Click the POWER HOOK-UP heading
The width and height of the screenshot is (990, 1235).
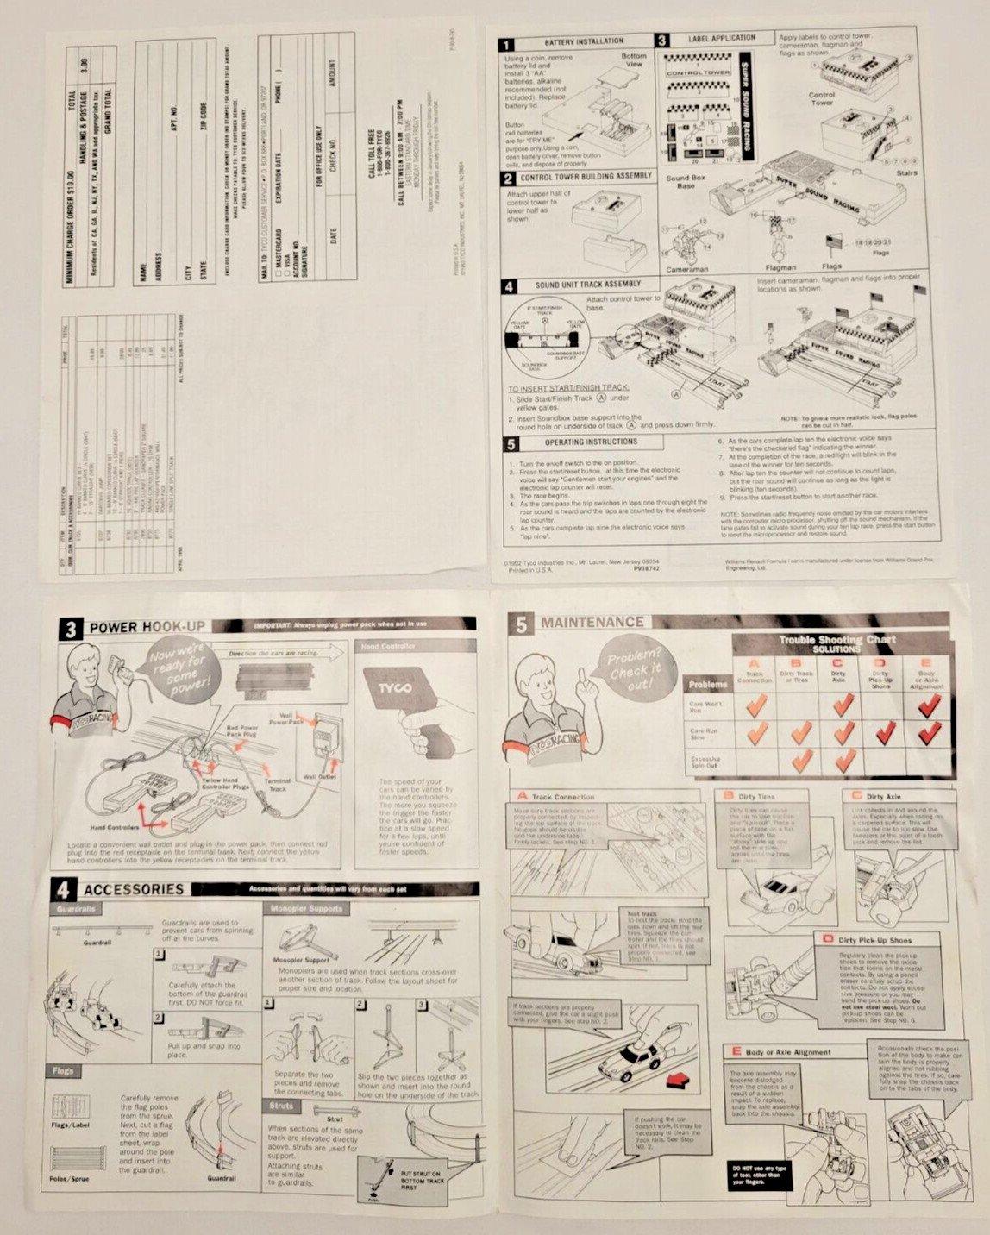coord(147,627)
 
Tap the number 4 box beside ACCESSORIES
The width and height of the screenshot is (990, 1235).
coord(62,889)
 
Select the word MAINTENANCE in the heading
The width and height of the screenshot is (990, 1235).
coord(592,622)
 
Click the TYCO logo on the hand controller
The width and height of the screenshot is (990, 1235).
coord(395,687)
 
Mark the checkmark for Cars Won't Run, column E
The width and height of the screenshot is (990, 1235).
coord(929,706)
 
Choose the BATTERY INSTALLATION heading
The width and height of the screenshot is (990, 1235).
coord(584,41)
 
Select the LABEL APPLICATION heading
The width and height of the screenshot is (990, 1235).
coord(721,39)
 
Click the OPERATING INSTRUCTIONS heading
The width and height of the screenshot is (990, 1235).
coord(591,442)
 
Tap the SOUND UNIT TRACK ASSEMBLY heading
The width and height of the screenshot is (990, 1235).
coord(587,284)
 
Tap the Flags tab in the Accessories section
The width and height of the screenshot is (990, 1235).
coord(63,1070)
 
